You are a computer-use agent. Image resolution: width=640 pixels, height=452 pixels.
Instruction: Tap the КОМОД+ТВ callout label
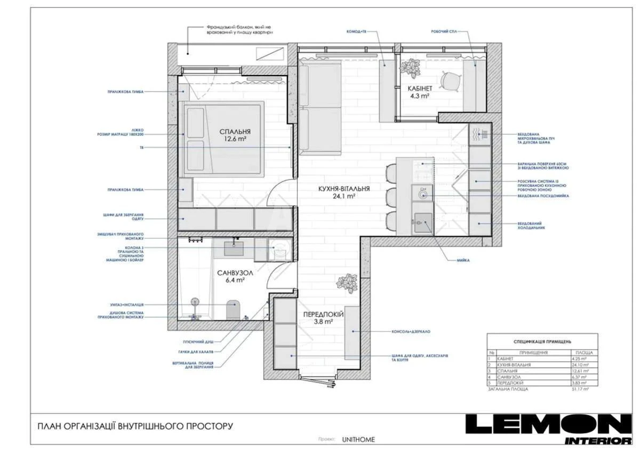(x=356, y=32)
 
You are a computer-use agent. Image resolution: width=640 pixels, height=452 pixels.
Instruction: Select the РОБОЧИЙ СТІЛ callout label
(x=444, y=32)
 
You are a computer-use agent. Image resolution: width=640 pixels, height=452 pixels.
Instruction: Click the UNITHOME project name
(x=358, y=440)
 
